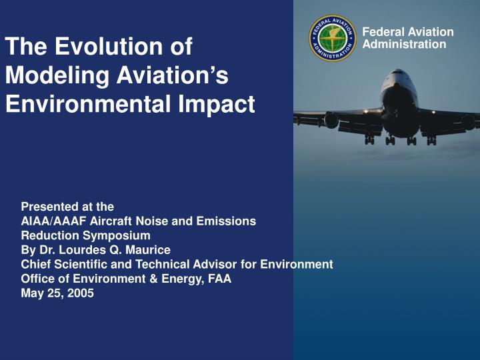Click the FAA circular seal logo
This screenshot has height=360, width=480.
pos(333,38)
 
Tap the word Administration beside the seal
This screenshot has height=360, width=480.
pos(404,44)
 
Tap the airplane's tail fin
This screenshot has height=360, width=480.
pos(400,74)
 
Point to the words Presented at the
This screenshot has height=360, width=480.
pos(67,207)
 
